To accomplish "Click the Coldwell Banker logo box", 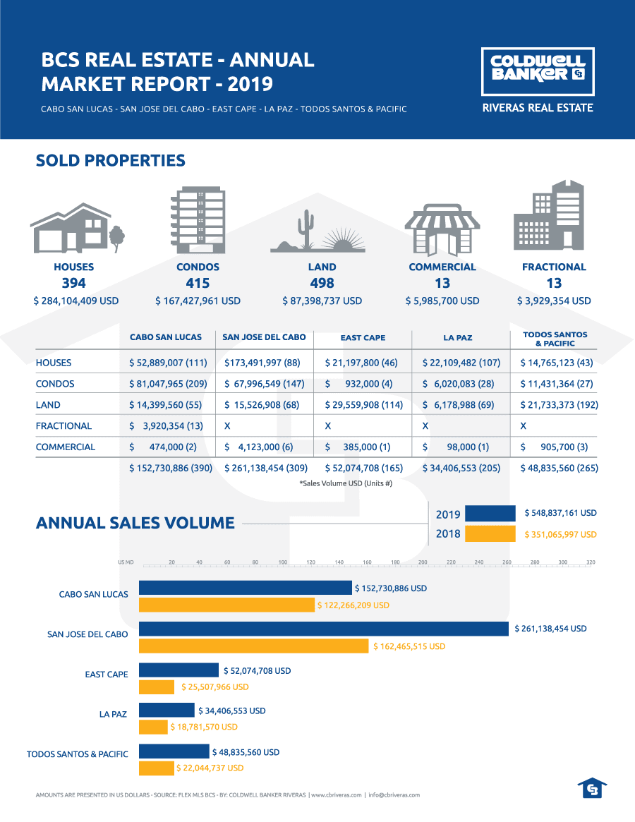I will pos(538,71).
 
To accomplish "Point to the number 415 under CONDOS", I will pos(198,283).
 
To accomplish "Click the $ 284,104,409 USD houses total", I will pos(76,301).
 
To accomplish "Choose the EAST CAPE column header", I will pos(363,338).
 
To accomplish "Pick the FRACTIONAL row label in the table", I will pos(64,425).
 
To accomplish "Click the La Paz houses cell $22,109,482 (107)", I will pos(461,363).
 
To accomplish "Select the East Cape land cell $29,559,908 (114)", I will pos(363,405).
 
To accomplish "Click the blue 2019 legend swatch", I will pos(490,514).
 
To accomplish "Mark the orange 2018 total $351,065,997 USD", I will pos(560,534).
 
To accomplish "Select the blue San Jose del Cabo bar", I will pos(324,628).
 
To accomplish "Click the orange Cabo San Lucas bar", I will pos(226,605).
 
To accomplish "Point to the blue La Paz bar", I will pos(167,711).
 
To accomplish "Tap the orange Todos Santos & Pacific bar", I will pos(157,768).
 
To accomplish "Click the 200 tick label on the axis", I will pos(423,562).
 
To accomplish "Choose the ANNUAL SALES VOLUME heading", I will pos(135,523).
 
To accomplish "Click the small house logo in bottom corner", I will pos(591,788).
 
